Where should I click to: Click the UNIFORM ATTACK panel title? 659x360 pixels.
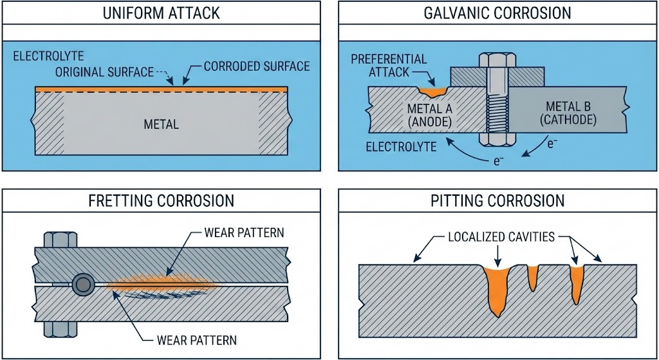tap(162, 12)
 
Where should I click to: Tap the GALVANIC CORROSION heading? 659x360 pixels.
tap(498, 12)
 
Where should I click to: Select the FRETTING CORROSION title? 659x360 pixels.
tap(162, 201)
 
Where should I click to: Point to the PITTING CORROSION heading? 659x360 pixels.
tap(498, 201)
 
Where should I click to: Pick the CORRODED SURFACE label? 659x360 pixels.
tap(256, 66)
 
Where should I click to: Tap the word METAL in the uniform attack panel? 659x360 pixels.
tap(162, 124)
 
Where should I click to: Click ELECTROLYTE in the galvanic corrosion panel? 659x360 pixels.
tap(401, 147)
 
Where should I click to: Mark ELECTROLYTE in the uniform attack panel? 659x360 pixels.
tap(48, 56)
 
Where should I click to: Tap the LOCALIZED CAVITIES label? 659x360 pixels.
tap(501, 237)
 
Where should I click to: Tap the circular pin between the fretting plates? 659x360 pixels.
tap(84, 283)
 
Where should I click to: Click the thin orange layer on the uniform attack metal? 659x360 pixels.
tap(162, 88)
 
